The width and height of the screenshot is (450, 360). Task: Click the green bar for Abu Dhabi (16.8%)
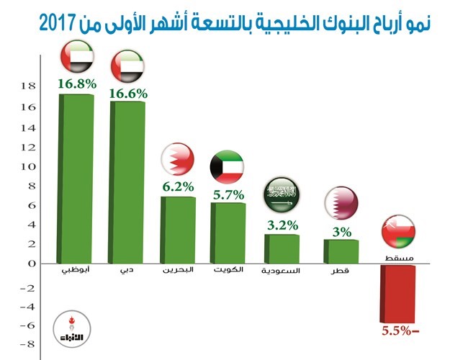[x=76, y=179]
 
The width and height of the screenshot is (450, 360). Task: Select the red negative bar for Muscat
[x=397, y=294]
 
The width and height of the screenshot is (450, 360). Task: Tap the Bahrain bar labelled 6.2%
[x=178, y=230]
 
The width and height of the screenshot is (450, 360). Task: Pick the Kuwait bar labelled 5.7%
[x=228, y=233]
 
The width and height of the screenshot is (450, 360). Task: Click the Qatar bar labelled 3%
[x=341, y=251]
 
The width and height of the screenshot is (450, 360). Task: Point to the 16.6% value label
[x=128, y=94]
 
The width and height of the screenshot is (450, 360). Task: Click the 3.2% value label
[x=283, y=225]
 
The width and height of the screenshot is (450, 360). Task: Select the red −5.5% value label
[x=400, y=331]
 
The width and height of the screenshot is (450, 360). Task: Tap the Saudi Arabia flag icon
[x=282, y=195]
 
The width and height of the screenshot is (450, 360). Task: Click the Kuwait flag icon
[x=227, y=167]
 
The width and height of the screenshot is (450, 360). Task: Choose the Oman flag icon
[x=398, y=231]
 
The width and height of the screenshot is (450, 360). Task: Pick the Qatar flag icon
[x=341, y=204]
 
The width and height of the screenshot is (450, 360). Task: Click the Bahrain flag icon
[x=177, y=159]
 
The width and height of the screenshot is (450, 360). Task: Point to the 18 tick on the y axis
[x=28, y=86]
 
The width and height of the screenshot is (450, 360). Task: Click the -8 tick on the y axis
[x=27, y=344]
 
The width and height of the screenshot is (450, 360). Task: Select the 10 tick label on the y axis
[x=28, y=166]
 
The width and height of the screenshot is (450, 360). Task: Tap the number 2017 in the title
[x=58, y=24]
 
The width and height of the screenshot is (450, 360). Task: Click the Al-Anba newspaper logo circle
[x=72, y=329]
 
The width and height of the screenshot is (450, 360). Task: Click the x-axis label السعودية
[x=280, y=271]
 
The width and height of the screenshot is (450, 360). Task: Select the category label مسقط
[x=399, y=258]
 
